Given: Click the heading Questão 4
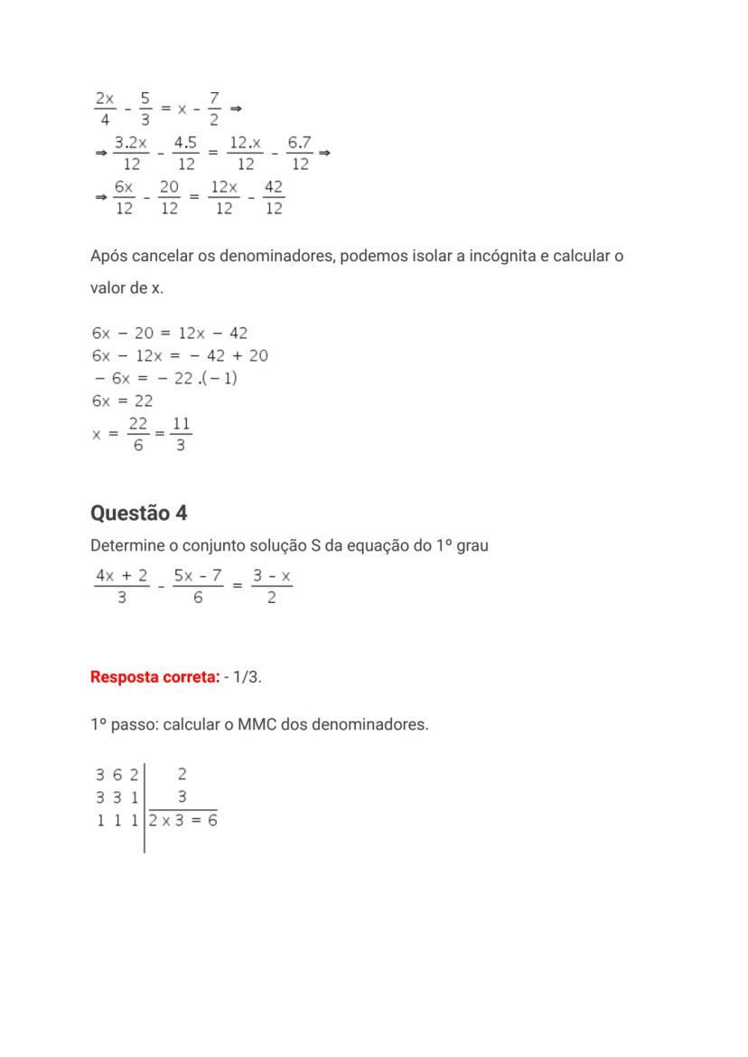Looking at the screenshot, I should tap(139, 513).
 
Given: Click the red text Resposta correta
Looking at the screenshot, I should tap(154, 676).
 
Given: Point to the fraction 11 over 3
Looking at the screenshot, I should tap(181, 434).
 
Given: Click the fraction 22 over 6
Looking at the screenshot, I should tap(138, 434).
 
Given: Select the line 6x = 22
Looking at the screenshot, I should tap(122, 401).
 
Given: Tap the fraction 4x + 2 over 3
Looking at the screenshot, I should tap(122, 586).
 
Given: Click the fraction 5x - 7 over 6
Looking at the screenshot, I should tap(198, 586).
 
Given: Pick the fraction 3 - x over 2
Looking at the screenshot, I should tap(272, 586).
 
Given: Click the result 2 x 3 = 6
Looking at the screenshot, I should tap(183, 820).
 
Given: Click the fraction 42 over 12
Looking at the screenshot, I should tap(274, 197).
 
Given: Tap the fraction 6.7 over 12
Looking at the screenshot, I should tap(300, 153).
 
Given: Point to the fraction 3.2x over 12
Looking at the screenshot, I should tap(131, 153).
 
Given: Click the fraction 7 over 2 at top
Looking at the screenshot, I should tap(213, 108).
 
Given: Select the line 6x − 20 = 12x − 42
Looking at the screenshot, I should tap(170, 333).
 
